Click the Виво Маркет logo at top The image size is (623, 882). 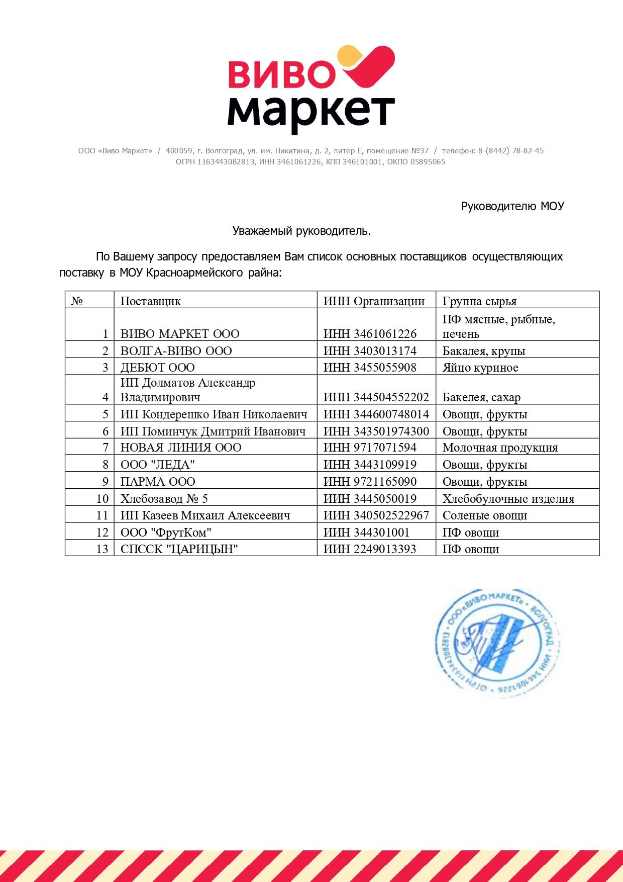[x=311, y=90]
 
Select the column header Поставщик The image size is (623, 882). [x=151, y=301]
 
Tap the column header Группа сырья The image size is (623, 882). [x=479, y=301]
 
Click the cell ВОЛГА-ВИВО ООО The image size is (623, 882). [x=176, y=350]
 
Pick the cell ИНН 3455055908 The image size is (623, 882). [x=370, y=368]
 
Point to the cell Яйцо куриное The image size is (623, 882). [x=480, y=368]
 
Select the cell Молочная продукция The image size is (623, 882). [x=500, y=448]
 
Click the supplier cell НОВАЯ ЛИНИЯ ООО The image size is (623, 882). [x=181, y=448]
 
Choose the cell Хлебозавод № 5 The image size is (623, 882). [x=164, y=498]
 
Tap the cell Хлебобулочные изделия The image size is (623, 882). [x=508, y=498]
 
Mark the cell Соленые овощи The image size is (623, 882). [x=484, y=515]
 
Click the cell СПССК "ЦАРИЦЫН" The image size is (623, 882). [x=179, y=549]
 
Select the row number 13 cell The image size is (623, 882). [x=102, y=549]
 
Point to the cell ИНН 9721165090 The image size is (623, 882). [x=370, y=481]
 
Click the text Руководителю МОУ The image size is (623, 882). [x=512, y=206]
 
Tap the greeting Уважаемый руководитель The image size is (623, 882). [x=301, y=231]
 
